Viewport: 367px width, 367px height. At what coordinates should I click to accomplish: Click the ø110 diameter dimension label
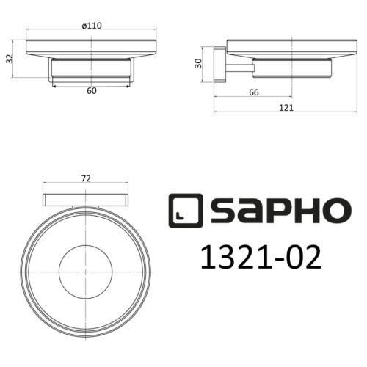pyautogui.click(x=91, y=26)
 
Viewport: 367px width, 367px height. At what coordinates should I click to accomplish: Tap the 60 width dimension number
pyautogui.click(x=91, y=92)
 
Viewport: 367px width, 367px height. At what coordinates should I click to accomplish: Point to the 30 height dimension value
pyautogui.click(x=198, y=63)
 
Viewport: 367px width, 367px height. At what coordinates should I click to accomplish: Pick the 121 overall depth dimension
pyautogui.click(x=286, y=107)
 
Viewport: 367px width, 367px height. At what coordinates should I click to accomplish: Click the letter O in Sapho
pyautogui.click(x=328, y=211)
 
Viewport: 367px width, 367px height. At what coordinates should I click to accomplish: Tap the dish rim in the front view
pyautogui.click(x=91, y=51)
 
